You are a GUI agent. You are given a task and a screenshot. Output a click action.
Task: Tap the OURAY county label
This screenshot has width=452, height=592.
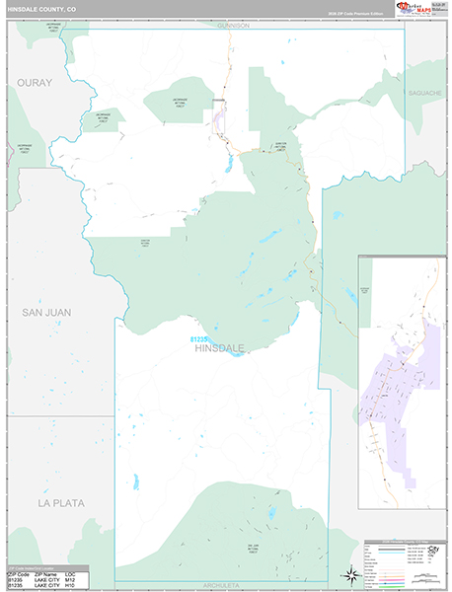[x=33, y=83]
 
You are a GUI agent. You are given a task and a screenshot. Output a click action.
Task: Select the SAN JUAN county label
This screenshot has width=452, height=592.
[x=46, y=312]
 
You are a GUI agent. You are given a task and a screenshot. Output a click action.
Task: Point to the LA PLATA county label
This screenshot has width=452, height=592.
[x=61, y=502]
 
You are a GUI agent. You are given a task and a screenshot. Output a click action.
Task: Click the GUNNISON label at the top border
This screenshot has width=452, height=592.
[x=234, y=26]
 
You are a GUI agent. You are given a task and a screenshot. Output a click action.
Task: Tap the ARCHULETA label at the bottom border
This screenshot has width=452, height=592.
[x=221, y=585]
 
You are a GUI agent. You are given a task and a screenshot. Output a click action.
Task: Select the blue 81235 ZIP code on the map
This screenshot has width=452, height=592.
[x=201, y=339]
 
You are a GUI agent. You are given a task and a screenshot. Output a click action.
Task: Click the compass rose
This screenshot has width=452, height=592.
[x=349, y=574]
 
